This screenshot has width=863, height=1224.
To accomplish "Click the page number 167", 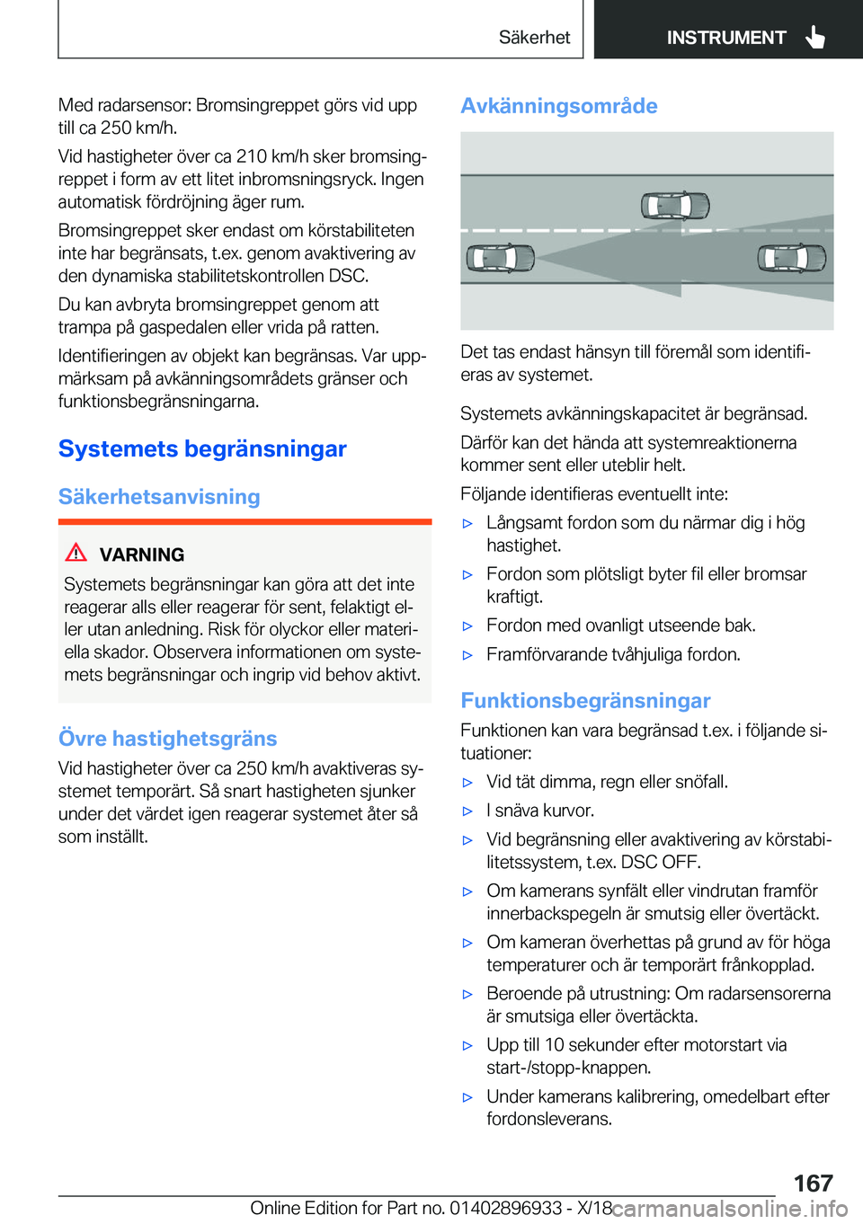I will [x=813, y=1183].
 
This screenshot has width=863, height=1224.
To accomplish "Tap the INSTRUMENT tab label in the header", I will [x=725, y=38].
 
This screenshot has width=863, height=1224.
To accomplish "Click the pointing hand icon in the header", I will [x=815, y=37].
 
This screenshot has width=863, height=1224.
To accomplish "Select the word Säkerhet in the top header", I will [x=534, y=38].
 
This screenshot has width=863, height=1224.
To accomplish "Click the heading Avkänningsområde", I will [x=558, y=106].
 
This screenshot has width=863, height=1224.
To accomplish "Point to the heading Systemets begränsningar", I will [x=202, y=448].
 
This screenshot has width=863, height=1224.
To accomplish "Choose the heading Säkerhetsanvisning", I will [x=159, y=497].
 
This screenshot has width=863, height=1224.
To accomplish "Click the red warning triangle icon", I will [x=76, y=553].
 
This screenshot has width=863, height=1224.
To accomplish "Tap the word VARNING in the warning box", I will [x=142, y=554].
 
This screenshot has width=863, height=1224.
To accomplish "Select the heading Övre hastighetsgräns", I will [x=167, y=739].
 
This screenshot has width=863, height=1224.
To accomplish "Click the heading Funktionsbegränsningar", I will [x=585, y=701].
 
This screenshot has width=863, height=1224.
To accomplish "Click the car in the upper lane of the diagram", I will [x=675, y=206].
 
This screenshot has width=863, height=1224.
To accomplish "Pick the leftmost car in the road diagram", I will [x=500, y=259].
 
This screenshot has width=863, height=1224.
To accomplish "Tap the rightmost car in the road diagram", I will [x=791, y=259].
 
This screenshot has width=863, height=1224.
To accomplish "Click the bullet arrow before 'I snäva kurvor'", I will [x=467, y=812].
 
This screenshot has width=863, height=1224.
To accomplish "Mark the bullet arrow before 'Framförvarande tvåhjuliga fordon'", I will [x=467, y=655].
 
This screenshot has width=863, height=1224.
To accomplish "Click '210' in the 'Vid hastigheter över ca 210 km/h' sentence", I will [x=252, y=156].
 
